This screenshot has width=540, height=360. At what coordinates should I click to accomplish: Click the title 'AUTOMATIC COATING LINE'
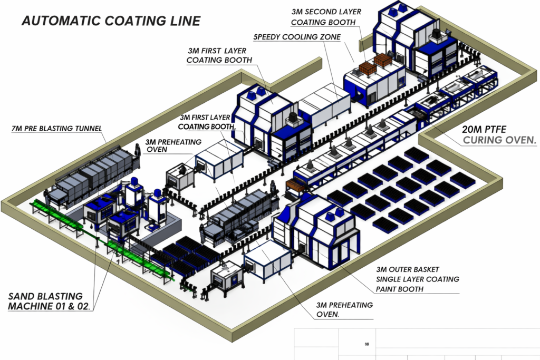(x=111, y=21)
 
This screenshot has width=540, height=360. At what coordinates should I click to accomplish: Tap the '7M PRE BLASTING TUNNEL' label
(x=56, y=128)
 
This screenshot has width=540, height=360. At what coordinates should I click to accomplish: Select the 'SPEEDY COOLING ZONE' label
(x=297, y=37)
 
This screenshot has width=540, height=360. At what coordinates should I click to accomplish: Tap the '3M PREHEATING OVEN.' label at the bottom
(x=344, y=310)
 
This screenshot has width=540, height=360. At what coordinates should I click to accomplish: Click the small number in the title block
(x=366, y=345)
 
